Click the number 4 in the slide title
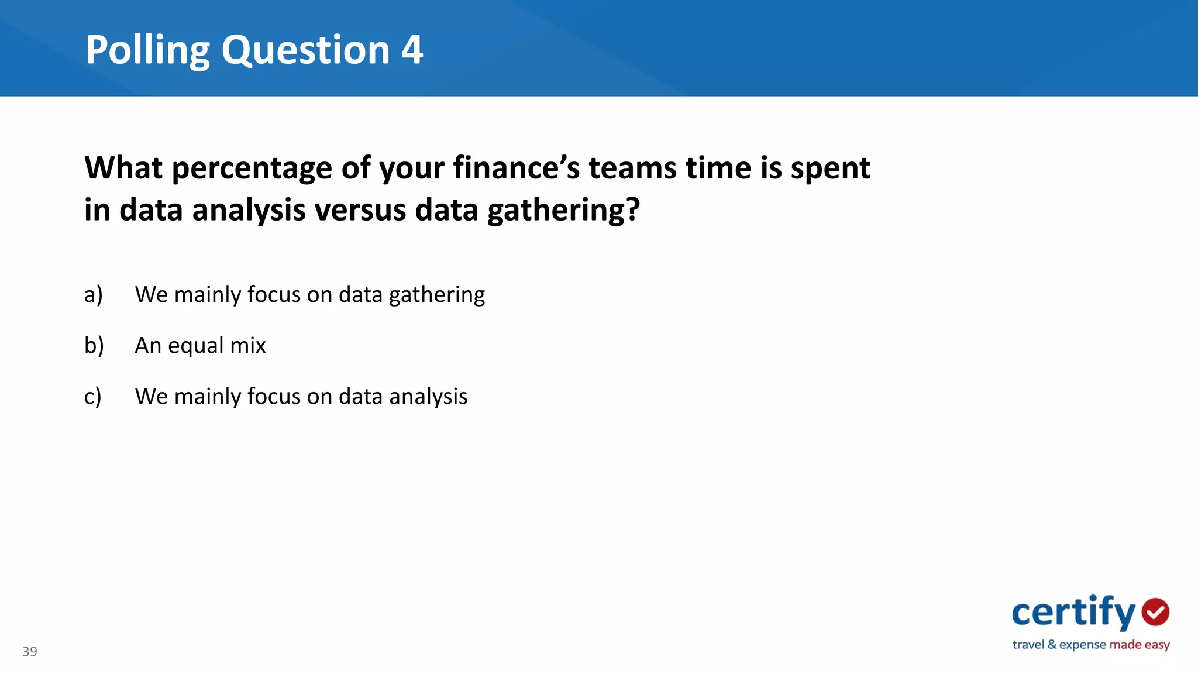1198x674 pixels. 412,50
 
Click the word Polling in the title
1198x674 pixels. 147,51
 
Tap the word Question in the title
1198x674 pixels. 305,51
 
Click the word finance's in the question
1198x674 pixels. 516,168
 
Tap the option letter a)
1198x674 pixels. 94,294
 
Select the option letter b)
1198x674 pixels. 94,345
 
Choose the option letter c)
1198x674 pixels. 93,397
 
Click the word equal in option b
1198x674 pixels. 195,346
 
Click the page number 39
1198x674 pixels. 30,651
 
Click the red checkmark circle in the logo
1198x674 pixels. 1155,612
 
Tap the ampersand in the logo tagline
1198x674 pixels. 1052,644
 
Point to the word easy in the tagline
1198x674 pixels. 1157,645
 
